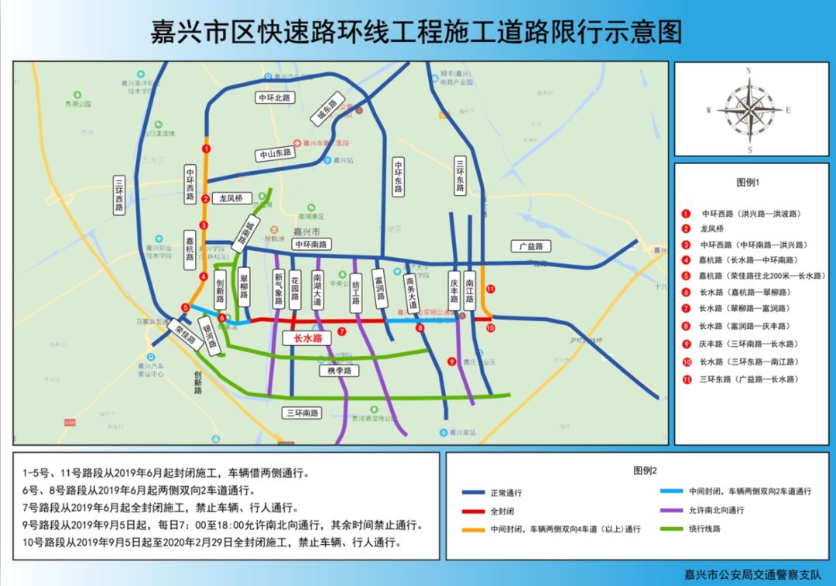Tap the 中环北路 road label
coord(276,98)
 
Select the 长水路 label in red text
coord(308,338)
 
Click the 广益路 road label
coord(531,246)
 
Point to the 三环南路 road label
coord(302,413)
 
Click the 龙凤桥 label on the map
coord(232,198)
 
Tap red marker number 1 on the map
coord(205,147)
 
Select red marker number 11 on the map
coord(490,289)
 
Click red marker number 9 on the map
coord(451,360)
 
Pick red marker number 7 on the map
coord(341,331)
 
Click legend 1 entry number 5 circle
coord(686,276)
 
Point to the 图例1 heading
coord(749,183)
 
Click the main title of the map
coord(417,33)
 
